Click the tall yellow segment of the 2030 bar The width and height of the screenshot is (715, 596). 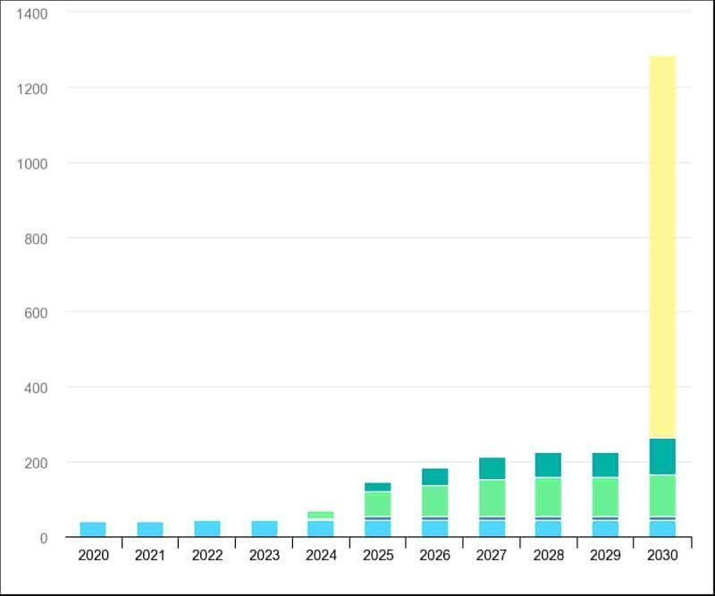(662, 247)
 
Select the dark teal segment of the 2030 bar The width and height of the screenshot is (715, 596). (662, 456)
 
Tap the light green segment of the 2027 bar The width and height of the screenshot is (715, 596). (492, 498)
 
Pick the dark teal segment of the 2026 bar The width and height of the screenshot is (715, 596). (434, 476)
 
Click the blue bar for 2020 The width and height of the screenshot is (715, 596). (93, 529)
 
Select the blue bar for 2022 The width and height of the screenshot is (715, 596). (206, 528)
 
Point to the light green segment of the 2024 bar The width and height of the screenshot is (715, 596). (321, 515)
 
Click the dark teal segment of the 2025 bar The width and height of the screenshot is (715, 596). (378, 487)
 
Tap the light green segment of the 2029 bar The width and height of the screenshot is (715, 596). (605, 497)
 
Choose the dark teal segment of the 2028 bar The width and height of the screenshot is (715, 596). (548, 465)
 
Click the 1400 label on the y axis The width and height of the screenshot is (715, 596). (32, 13)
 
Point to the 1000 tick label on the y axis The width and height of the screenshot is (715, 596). (32, 164)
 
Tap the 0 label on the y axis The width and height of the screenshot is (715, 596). (43, 538)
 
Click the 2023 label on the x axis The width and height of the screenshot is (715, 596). (264, 556)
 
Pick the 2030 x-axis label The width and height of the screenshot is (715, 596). (662, 556)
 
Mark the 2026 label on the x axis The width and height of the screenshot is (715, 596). (434, 556)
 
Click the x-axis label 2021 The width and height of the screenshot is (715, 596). (150, 556)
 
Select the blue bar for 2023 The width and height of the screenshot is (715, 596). (264, 528)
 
